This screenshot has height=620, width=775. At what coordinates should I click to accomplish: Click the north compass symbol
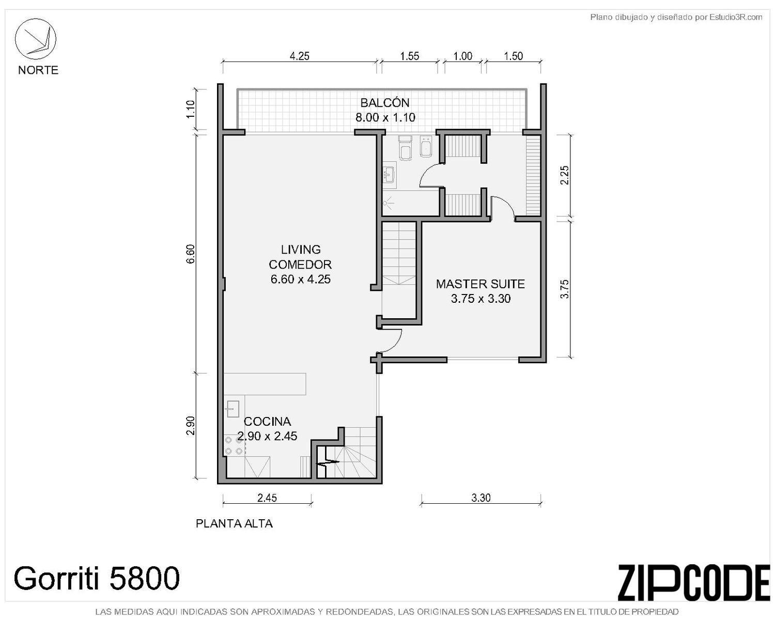point(35,39)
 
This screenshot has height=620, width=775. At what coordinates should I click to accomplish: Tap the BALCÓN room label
point(384,103)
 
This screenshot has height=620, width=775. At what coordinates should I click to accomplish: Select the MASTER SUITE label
point(480,284)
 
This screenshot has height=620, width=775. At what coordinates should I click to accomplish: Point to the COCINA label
point(267,421)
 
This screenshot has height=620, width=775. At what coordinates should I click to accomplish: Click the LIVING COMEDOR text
point(300,257)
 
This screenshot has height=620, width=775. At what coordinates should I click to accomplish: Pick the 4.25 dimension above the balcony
point(299,56)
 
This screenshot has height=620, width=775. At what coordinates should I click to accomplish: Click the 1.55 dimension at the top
point(410,56)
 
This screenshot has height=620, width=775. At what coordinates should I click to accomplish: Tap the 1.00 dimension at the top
point(462,56)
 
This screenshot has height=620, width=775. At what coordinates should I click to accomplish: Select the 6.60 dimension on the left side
point(191,254)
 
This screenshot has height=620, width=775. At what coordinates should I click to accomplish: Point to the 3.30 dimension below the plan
point(481,498)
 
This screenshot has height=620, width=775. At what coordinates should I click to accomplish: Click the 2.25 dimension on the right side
point(565,175)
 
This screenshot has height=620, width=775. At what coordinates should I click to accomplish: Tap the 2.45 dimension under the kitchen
point(267,498)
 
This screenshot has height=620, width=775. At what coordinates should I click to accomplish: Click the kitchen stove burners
point(234,445)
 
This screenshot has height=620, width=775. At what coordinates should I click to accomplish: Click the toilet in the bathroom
point(406,147)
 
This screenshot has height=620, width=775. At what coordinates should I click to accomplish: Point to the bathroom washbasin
point(389,175)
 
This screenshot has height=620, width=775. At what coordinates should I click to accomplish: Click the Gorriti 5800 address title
point(97,578)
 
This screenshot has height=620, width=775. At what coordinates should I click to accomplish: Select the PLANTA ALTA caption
point(234,523)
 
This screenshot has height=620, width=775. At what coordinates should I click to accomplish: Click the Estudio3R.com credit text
point(676,17)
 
